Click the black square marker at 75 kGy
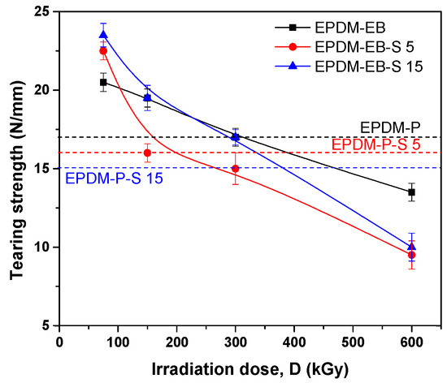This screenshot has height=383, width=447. [103, 82]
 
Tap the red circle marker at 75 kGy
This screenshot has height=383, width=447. [103, 51]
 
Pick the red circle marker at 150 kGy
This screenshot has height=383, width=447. [147, 153]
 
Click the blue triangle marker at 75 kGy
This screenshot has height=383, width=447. [103, 34]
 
